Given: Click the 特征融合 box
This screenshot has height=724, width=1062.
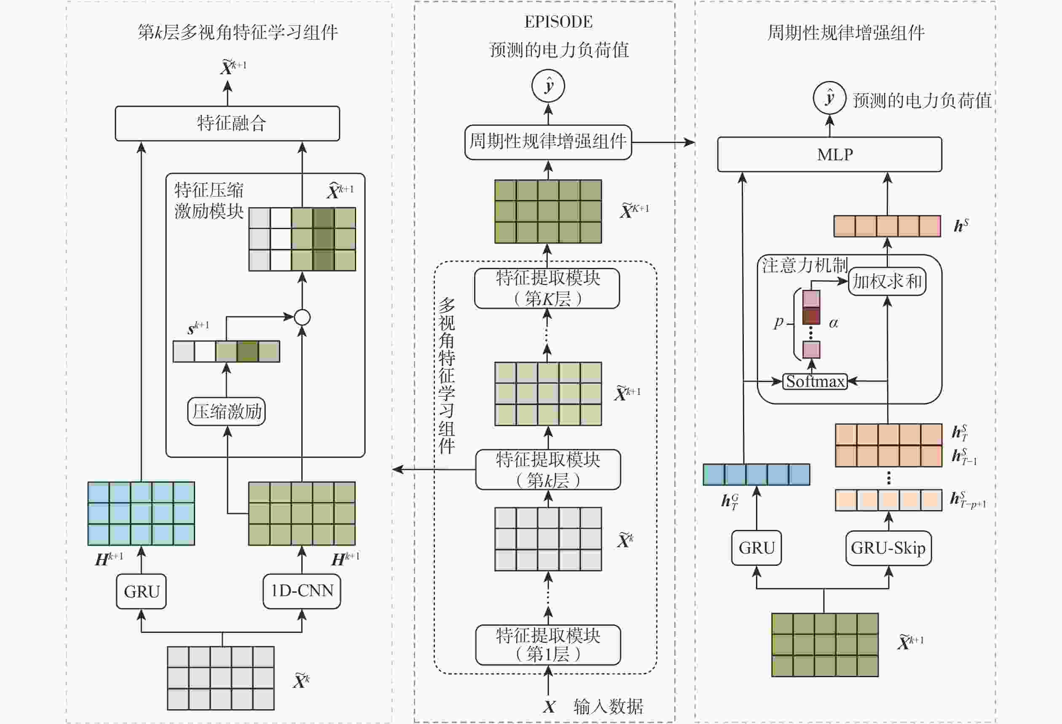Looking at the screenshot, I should click(x=227, y=124).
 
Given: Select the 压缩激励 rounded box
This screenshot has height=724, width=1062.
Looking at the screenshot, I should click(x=227, y=411).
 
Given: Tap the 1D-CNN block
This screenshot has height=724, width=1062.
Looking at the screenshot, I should click(x=302, y=591).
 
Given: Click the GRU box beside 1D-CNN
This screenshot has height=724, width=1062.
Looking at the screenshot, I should click(x=141, y=592).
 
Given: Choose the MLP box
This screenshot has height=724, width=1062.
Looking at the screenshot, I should click(x=829, y=154).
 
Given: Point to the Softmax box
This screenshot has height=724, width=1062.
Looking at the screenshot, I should click(x=815, y=381).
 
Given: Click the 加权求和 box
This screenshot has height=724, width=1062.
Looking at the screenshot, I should click(x=887, y=281).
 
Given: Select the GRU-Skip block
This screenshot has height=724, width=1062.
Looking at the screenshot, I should click(x=888, y=548).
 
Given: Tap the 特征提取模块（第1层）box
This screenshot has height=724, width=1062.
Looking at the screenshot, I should click(x=548, y=645).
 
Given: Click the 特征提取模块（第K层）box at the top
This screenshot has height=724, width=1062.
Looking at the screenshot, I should click(x=547, y=289).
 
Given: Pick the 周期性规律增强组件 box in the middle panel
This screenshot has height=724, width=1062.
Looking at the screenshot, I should click(x=548, y=142).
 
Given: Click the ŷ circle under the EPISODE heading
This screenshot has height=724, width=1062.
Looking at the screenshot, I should click(x=548, y=86).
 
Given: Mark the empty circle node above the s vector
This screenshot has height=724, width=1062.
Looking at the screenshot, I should click(x=302, y=317).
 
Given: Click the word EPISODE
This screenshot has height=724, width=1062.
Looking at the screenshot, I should click(x=558, y=22).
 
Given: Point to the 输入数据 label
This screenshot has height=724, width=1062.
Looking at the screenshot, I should click(x=608, y=707).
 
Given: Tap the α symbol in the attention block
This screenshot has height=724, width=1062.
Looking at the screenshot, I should click(x=834, y=323).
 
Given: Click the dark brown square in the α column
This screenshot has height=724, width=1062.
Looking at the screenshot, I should click(x=811, y=316).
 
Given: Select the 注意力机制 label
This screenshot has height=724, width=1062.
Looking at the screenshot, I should click(x=804, y=265).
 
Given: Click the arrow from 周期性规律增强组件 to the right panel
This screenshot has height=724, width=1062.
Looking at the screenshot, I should click(x=662, y=142).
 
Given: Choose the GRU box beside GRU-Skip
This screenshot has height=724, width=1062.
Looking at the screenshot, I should click(x=756, y=548).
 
